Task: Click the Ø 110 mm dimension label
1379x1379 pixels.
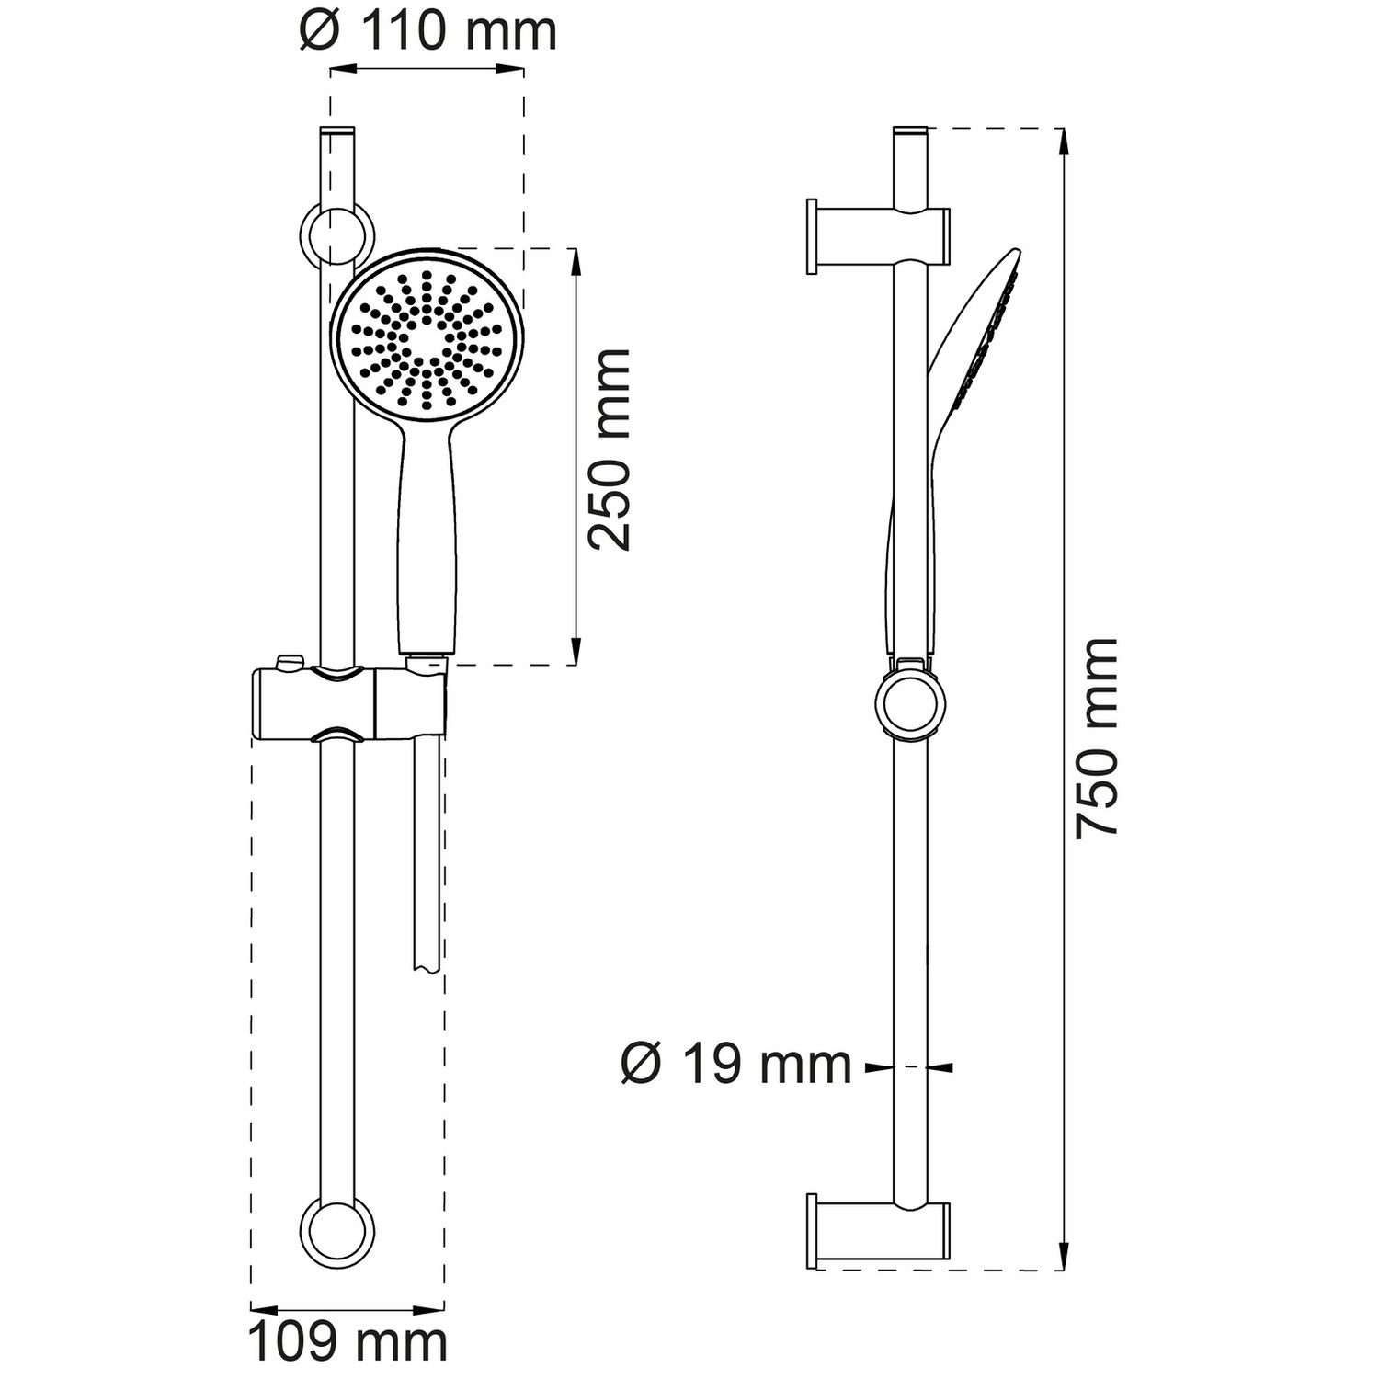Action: [428, 31]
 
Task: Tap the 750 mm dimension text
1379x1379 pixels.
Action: [1098, 736]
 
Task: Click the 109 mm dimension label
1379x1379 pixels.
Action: [348, 1342]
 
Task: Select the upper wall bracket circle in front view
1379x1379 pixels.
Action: [336, 234]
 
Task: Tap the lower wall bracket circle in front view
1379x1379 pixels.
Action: [337, 1233]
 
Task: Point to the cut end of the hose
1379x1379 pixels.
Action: [427, 965]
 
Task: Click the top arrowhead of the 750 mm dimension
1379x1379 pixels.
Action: [1064, 142]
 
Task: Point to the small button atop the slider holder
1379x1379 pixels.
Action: [290, 662]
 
